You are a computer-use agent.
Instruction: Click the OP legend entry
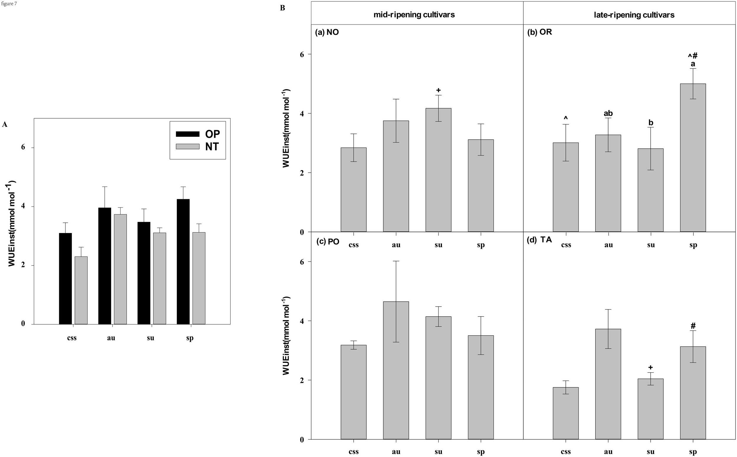198,134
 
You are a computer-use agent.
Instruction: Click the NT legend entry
198,147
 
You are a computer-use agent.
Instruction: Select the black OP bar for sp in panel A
183,261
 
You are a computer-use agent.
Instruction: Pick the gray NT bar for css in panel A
81,290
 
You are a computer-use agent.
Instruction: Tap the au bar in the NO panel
396,176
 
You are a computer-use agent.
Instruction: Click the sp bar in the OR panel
692,158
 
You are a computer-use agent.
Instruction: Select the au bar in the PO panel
396,370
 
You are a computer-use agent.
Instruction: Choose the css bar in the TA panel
565,413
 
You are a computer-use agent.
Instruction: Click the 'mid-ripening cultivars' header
414,15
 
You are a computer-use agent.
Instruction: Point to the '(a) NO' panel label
327,32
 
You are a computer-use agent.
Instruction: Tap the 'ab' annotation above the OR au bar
608,113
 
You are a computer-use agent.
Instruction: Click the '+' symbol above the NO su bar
438,90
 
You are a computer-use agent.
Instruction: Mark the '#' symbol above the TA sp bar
693,326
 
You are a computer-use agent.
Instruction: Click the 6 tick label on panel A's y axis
23,147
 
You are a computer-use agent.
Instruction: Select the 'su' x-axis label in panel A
150,338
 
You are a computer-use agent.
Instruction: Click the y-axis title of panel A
12,223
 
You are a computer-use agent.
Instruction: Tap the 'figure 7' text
9,4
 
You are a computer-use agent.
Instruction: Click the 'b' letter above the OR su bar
651,123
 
